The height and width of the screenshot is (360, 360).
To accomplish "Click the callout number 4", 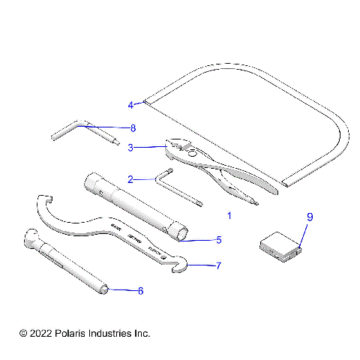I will click(x=130, y=105).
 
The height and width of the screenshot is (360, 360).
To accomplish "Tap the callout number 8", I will click(x=133, y=127).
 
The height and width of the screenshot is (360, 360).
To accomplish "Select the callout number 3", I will click(x=130, y=148).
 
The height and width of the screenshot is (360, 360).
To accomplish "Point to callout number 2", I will click(x=130, y=179).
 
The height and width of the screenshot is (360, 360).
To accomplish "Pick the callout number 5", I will click(x=218, y=240).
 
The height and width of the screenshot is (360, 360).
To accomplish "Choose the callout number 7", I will click(x=218, y=265).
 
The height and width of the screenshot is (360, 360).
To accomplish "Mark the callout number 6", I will click(x=139, y=289).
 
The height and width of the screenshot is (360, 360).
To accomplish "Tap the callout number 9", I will click(x=309, y=217).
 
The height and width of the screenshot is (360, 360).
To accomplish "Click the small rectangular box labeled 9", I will click(x=280, y=247).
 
